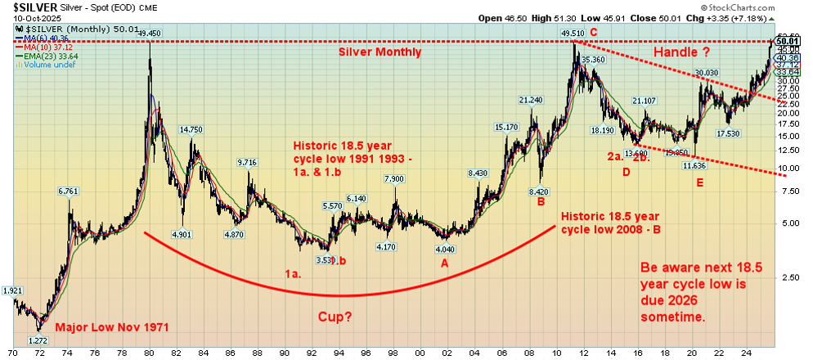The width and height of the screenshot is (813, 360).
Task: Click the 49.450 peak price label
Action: coord(149,33)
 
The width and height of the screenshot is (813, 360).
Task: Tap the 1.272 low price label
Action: coord(38,340)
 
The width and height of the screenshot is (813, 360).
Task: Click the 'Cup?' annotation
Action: coord(336,316)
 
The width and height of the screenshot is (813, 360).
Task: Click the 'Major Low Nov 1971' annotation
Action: coord(112,327)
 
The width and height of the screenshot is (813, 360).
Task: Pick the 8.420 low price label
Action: coord(538,191)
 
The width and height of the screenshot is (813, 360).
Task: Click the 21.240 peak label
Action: coord(531,100)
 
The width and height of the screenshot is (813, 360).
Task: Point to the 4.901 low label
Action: coord(182,234)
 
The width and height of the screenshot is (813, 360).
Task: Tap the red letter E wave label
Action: coord(699,182)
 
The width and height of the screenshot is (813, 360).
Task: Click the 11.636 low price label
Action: coord(694,166)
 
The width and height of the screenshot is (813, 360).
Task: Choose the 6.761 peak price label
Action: coord(70,191)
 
